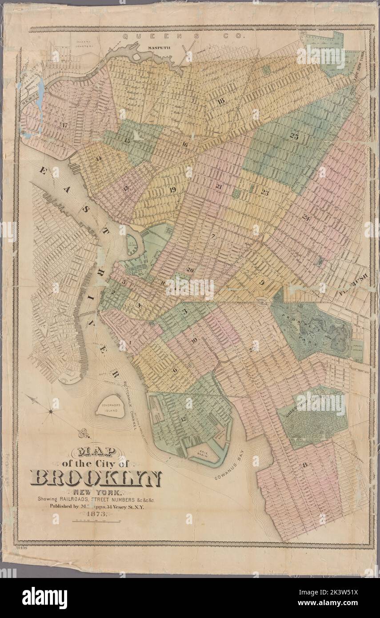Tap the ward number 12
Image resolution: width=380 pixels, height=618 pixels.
(x=183, y=419)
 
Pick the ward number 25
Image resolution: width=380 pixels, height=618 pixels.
(x=294, y=136)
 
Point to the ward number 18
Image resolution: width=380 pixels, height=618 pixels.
(x=220, y=101)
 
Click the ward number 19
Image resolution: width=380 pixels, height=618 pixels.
(x=173, y=190)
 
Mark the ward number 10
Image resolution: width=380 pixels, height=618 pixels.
(x=194, y=341)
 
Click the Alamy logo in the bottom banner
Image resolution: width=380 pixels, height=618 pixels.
(x=44, y=598)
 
